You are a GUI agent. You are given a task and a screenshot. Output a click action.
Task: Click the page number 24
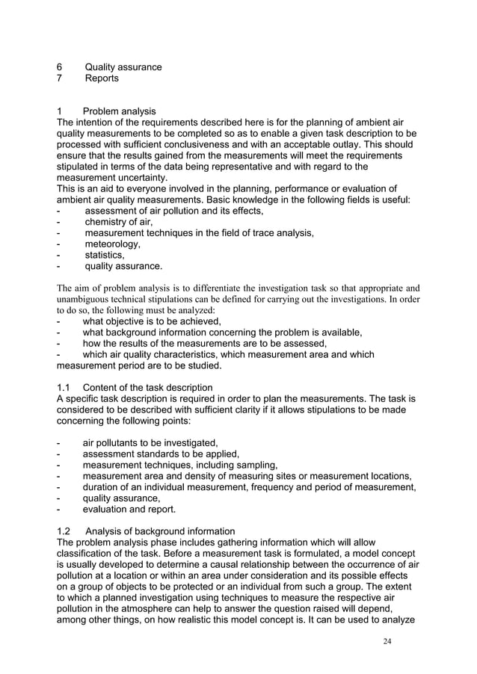pos(384,640)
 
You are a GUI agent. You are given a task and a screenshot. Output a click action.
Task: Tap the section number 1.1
pos(65,388)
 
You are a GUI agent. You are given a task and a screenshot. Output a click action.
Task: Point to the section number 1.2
pos(65,531)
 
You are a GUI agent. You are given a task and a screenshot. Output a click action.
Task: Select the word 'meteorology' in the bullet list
pos(112,244)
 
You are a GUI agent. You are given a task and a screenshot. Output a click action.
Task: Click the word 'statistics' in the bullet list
pos(105,255)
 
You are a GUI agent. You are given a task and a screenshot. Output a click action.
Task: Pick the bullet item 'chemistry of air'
pos(118,222)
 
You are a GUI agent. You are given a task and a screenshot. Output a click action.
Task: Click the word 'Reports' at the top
pos(102,78)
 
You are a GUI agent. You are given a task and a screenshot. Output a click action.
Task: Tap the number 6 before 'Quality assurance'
pos(60,67)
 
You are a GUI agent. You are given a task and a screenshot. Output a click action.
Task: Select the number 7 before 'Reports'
pos(60,78)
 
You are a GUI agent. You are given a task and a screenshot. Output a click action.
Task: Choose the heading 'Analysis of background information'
pos(161,531)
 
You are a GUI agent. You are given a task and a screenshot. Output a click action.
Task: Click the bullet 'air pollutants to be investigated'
pos(150,443)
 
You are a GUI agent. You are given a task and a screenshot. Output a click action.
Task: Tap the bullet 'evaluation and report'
pos(129,509)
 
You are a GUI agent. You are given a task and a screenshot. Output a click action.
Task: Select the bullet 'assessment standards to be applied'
pos(160,454)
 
